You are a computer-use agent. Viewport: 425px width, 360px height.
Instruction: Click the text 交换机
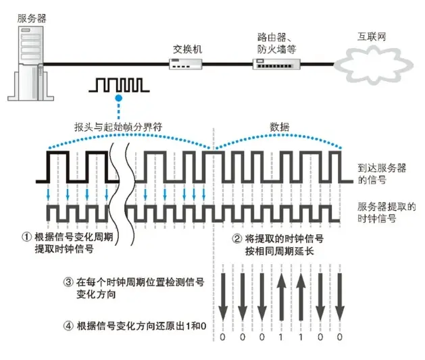(186, 49)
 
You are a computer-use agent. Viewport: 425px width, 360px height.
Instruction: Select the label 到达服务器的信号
(382, 174)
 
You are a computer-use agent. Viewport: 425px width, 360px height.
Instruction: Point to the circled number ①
(27, 238)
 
